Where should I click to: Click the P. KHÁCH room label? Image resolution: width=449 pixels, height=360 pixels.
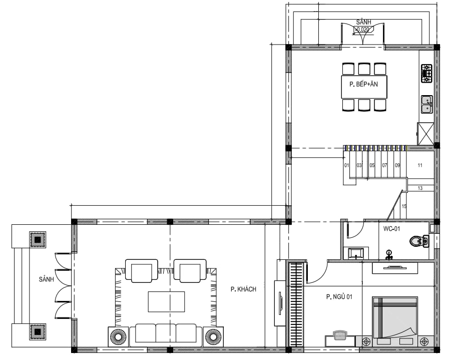point(243,289)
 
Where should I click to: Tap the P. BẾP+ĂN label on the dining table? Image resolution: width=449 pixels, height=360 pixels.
point(363,84)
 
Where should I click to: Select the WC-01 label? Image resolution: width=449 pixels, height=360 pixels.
point(391,228)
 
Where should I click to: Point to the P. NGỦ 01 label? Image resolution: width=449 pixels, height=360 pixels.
point(339,297)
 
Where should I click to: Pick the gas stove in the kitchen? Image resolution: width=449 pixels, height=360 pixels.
point(426,73)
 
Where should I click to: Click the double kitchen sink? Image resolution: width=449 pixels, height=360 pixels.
point(426,104)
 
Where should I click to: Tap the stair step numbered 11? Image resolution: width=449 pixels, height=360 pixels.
point(420,165)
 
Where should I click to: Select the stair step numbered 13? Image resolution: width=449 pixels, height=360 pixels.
point(420,188)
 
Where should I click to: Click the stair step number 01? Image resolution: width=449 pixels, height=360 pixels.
point(346,165)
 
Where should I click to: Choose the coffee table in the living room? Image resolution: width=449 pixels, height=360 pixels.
point(166,301)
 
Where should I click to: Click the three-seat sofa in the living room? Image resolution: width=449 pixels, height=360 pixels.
point(166,335)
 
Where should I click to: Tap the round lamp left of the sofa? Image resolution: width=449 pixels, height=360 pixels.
point(118,337)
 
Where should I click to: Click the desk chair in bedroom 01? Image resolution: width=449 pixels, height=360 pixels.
point(340,334)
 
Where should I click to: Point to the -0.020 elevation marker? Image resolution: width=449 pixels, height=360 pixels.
point(363,29)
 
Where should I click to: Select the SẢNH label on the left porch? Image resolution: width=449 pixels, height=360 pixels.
point(47,279)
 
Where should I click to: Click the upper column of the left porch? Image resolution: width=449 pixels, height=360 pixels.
point(38,239)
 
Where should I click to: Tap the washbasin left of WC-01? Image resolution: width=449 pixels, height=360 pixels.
point(356,253)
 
